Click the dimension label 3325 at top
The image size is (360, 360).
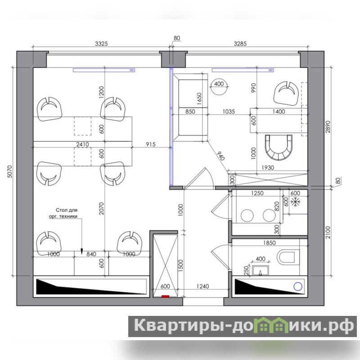[101, 43]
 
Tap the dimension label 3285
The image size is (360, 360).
[240, 43]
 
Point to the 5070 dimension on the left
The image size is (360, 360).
[9, 171]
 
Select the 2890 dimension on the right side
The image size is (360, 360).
[328, 126]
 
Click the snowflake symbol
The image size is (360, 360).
[295, 202]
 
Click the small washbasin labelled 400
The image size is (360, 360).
[261, 270]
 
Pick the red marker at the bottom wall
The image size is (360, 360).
[165, 297]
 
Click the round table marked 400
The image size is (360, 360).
[219, 86]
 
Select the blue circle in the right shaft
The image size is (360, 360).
[298, 286]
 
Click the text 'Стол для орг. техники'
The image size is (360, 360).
[63, 213]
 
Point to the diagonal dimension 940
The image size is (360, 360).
[220, 156]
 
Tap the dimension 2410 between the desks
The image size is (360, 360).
[82, 144]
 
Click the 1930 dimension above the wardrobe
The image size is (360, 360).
[268, 167]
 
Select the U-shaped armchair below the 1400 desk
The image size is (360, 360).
[279, 148]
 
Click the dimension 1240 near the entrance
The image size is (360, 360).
[203, 286]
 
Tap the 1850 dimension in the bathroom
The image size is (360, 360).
[269, 243]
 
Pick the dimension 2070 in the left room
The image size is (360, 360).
[102, 208]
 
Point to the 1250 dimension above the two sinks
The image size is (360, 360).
[257, 193]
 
